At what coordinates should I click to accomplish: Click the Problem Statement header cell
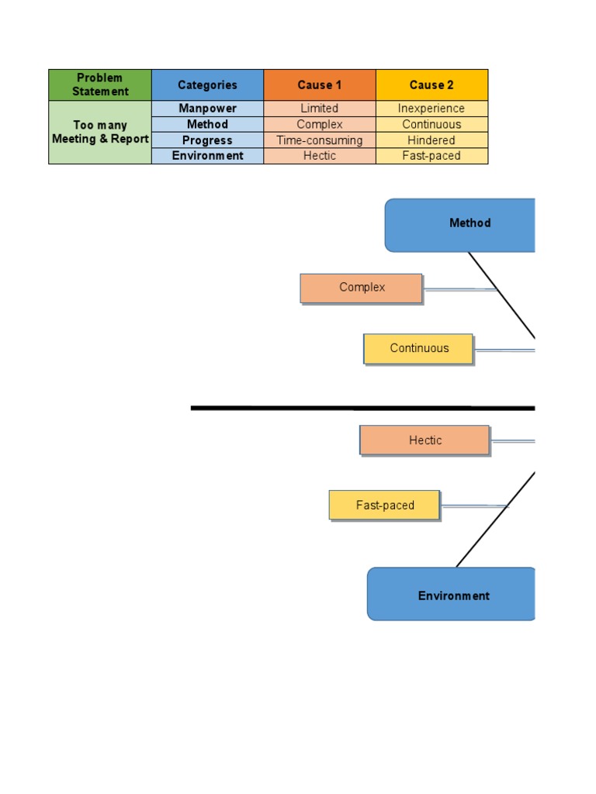[100, 85]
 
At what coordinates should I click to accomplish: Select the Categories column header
[207, 85]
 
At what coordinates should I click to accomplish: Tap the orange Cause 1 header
[320, 85]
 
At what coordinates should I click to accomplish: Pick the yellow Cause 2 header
[431, 85]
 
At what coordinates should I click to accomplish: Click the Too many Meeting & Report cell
[100, 133]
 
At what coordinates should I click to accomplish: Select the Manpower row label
[207, 109]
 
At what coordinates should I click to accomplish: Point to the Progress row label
[207, 140]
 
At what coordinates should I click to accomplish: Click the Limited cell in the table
[320, 109]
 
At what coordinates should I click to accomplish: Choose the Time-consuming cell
[320, 140]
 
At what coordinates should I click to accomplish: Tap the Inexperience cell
[431, 109]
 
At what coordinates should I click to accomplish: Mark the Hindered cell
[431, 140]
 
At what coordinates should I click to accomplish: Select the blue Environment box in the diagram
[452, 595]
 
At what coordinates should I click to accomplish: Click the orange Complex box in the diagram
[362, 288]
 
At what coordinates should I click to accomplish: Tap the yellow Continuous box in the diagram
[418, 349]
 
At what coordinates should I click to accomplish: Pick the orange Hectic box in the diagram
[424, 440]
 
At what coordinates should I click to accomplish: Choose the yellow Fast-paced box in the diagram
[385, 505]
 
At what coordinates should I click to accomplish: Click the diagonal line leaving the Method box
[501, 295]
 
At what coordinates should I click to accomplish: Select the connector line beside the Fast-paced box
[473, 506]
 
